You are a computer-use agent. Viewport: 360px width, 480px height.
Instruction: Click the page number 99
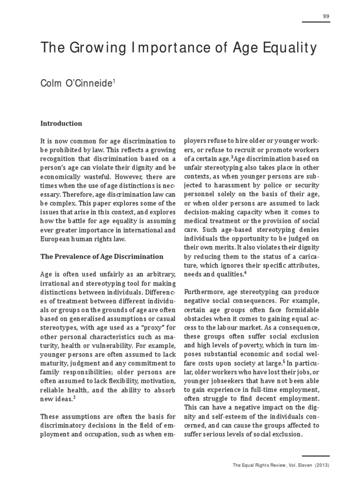(326, 16)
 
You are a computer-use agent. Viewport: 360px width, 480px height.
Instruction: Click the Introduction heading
(61, 124)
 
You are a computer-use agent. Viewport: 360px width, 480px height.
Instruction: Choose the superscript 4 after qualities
(245, 272)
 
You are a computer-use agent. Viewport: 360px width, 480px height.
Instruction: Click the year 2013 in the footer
(321, 465)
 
